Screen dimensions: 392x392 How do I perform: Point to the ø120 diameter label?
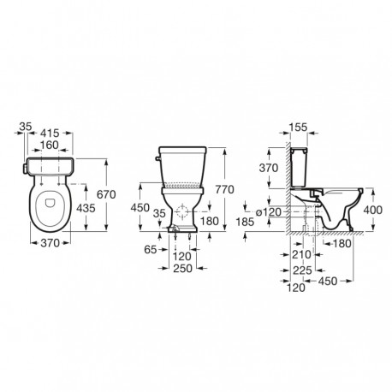(271, 211)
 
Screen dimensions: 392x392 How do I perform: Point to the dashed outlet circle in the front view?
(183, 211)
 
